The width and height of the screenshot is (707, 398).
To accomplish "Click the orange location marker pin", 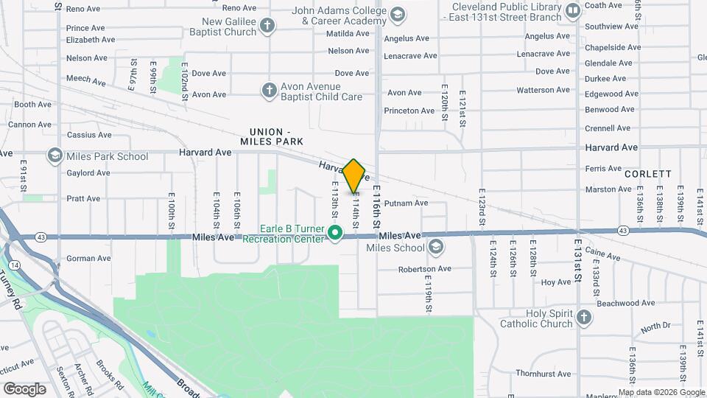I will coord(354,175).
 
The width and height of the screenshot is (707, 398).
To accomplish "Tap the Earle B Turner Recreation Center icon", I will coord(336,234).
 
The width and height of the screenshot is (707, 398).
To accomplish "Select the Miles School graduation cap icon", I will coord(436,246).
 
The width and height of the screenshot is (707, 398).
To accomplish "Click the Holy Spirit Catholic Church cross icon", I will coord(584,317).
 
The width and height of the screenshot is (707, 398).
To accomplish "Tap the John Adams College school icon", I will coord(398,15).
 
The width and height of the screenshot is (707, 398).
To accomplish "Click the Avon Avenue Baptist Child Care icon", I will coord(270,91).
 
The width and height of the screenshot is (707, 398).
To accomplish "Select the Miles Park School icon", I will coord(54,156).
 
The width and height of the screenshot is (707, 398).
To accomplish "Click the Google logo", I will coord(24,388).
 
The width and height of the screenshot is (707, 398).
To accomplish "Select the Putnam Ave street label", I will coord(406,203).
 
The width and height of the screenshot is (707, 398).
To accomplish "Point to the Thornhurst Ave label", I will coord(544,374).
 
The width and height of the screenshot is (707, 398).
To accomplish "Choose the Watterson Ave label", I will coord(544,90).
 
